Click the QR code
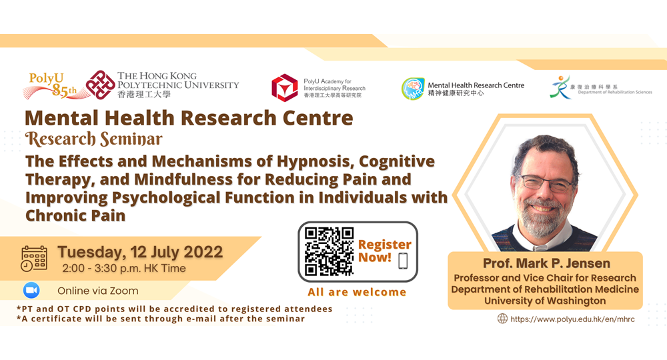(x=329, y=251)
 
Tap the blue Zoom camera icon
(x=31, y=290)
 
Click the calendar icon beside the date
(x=34, y=258)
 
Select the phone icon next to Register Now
(x=403, y=261)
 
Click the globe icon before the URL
(x=502, y=319)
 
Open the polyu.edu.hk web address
(x=572, y=319)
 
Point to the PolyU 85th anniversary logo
(x=51, y=86)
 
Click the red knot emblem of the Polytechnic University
(x=101, y=85)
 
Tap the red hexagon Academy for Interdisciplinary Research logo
(x=285, y=88)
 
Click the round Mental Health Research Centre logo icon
(x=413, y=89)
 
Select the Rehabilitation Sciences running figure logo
(x=560, y=87)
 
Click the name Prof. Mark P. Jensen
(x=546, y=263)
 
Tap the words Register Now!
(x=385, y=251)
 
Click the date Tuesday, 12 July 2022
(x=140, y=251)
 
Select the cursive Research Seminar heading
(x=93, y=139)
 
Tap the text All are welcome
(x=357, y=292)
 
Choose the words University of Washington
(x=545, y=301)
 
